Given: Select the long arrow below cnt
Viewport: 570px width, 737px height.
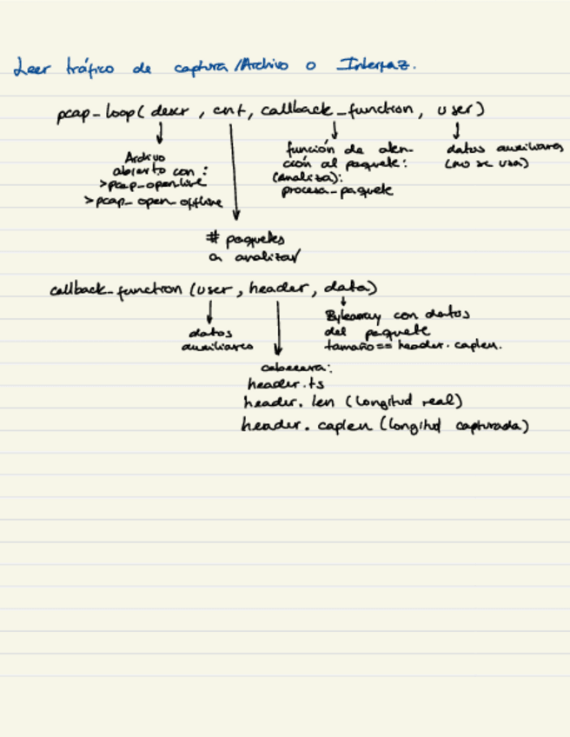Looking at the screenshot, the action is point(234,170).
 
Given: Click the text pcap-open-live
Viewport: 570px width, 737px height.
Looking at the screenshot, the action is point(153,185).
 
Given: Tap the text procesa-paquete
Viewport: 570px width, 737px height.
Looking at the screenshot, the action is point(337,190).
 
